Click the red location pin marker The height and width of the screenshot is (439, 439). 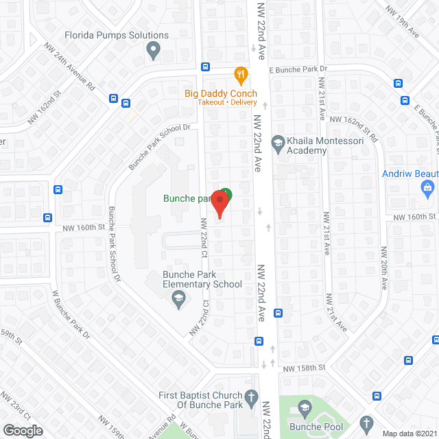(219, 204)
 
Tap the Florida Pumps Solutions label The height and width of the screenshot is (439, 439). (117, 35)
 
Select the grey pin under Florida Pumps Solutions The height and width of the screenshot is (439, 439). (154, 49)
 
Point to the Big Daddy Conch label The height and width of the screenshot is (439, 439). (221, 93)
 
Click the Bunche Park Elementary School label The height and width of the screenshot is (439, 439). (202, 279)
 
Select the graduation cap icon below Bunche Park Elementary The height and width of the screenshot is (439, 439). (178, 297)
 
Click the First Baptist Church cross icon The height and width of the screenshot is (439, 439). (252, 396)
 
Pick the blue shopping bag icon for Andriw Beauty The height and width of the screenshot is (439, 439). (428, 187)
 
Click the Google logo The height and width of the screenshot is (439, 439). (23, 430)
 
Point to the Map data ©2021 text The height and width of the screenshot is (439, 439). (410, 434)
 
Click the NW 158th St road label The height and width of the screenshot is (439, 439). (302, 368)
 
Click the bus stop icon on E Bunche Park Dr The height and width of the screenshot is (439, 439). (205, 67)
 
